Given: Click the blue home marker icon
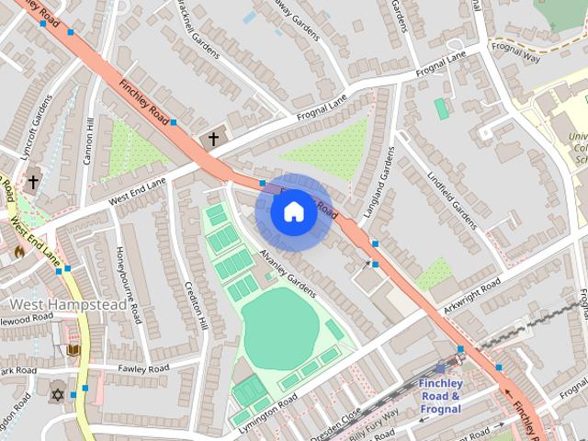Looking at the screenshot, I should [292, 212].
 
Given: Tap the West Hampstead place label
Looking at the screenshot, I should [68, 304].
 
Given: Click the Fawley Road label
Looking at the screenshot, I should [143, 368].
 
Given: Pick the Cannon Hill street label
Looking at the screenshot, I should [89, 141].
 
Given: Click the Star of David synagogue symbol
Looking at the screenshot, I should [57, 393].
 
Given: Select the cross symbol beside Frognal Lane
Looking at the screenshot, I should [213, 139].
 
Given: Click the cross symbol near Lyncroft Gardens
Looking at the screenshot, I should [34, 182].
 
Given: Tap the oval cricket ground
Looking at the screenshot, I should [280, 327].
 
